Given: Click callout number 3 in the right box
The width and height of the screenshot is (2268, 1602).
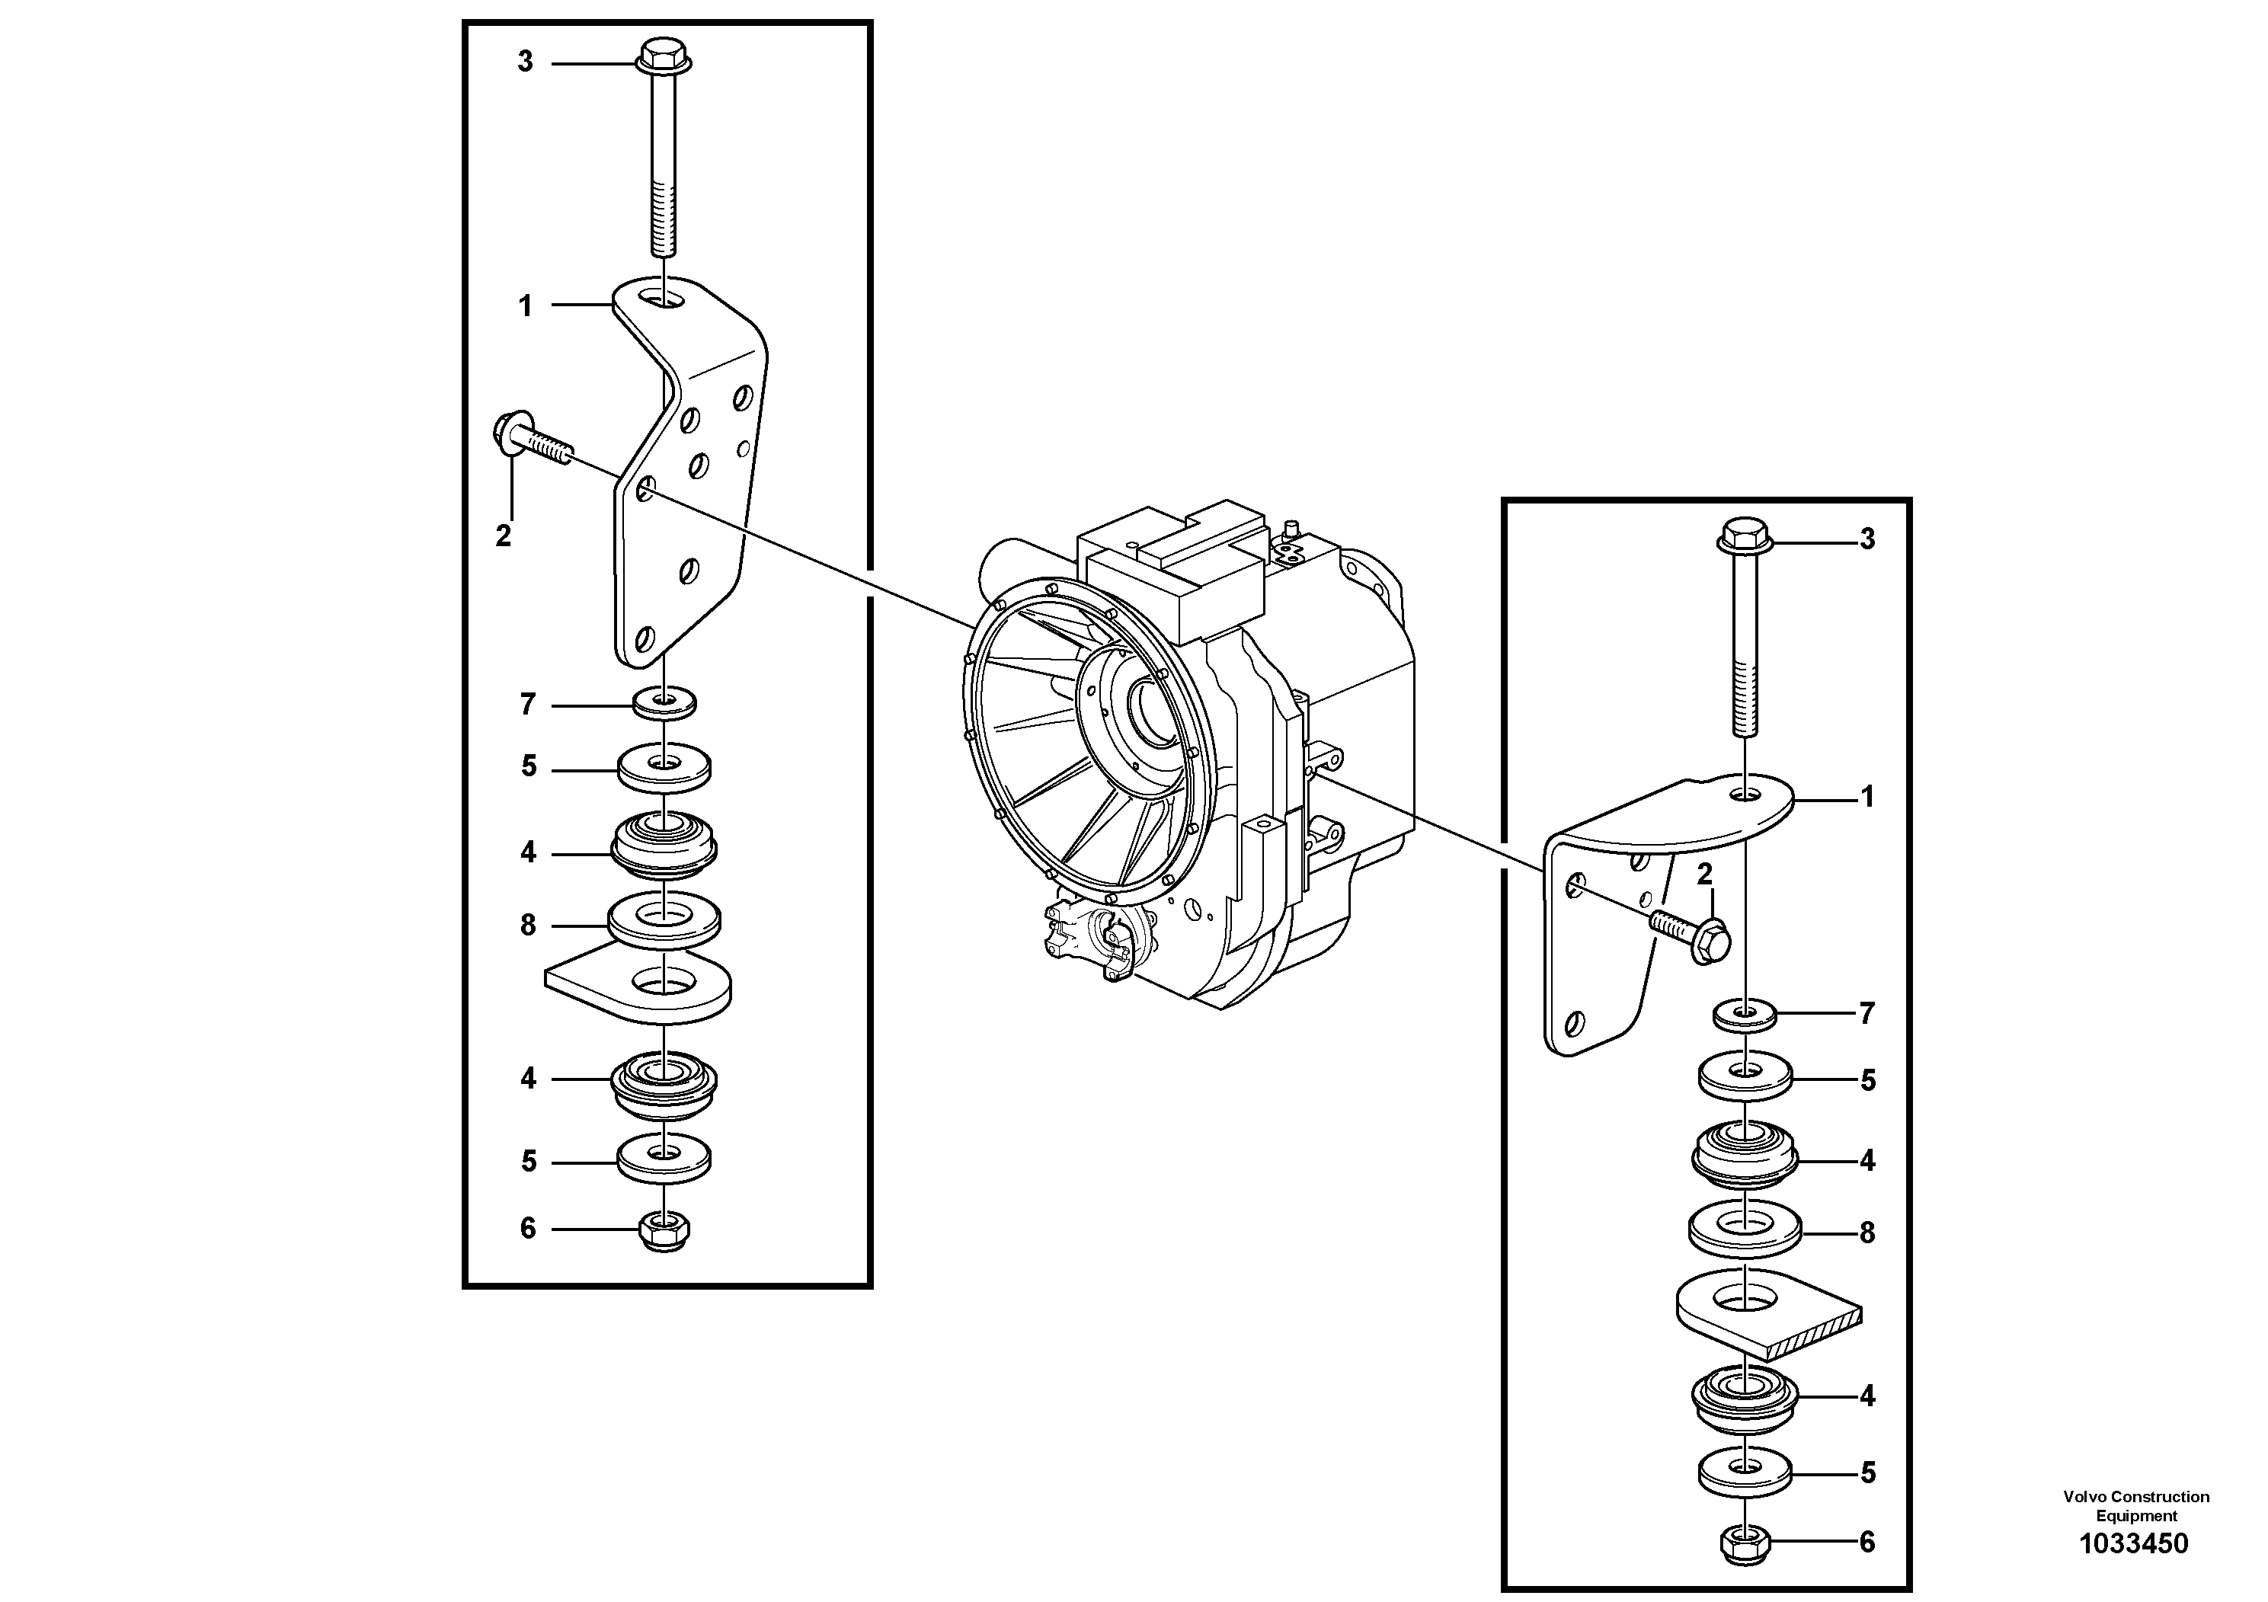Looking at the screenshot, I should [1867, 539].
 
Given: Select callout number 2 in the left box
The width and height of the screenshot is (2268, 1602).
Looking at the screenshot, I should [503, 536].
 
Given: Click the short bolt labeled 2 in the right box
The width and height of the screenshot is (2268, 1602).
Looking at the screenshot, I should [1695, 932].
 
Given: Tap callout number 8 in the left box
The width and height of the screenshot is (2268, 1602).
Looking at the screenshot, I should [527, 926].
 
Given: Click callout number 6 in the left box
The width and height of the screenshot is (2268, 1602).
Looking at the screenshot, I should [527, 1229].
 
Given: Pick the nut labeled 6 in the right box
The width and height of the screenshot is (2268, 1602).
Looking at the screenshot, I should [1745, 1543].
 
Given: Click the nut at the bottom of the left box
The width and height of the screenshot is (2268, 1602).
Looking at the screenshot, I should [665, 1229].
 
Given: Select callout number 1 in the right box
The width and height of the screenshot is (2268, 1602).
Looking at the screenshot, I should [1867, 797].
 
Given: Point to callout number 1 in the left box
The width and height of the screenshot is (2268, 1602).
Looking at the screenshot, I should [526, 307].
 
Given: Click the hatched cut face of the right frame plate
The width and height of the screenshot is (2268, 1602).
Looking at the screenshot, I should [1812, 1333].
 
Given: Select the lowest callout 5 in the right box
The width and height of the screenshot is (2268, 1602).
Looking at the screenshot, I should [1868, 1473].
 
